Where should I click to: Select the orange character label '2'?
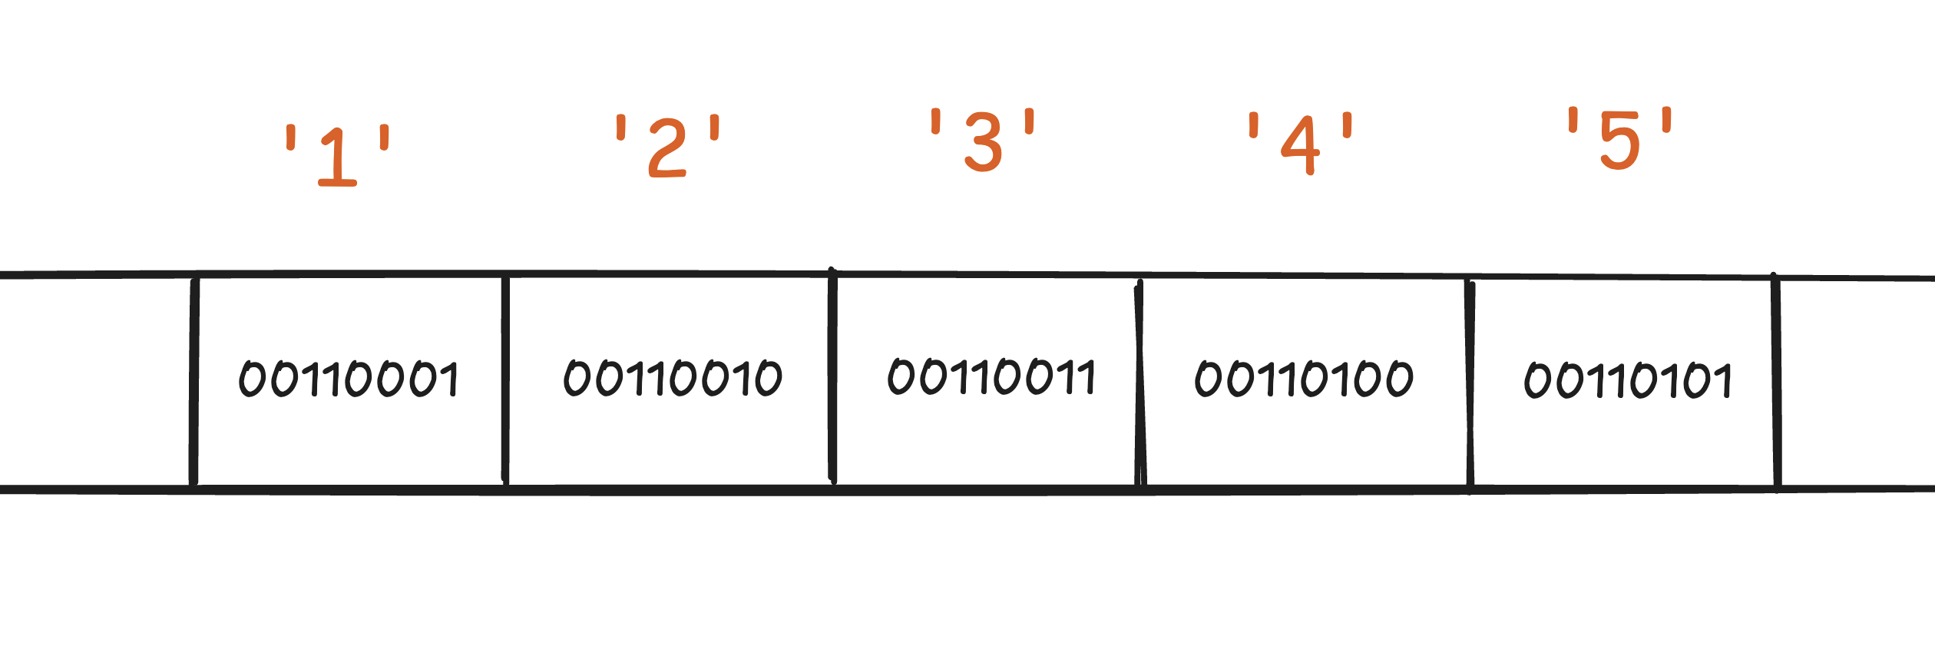[667, 148]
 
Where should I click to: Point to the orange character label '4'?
[1300, 145]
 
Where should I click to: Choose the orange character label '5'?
[1619, 140]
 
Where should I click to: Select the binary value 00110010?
[673, 378]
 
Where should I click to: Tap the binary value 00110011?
[991, 376]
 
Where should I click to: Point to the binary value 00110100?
[1304, 379]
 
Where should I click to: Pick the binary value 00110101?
[1628, 380]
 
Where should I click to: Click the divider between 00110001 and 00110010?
[505, 380]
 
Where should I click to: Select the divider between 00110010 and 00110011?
[832, 376]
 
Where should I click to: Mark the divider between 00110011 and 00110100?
[1139, 384]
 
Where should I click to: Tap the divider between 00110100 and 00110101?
[1470, 384]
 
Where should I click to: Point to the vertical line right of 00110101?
[1776, 382]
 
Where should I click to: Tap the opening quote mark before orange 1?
[291, 138]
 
